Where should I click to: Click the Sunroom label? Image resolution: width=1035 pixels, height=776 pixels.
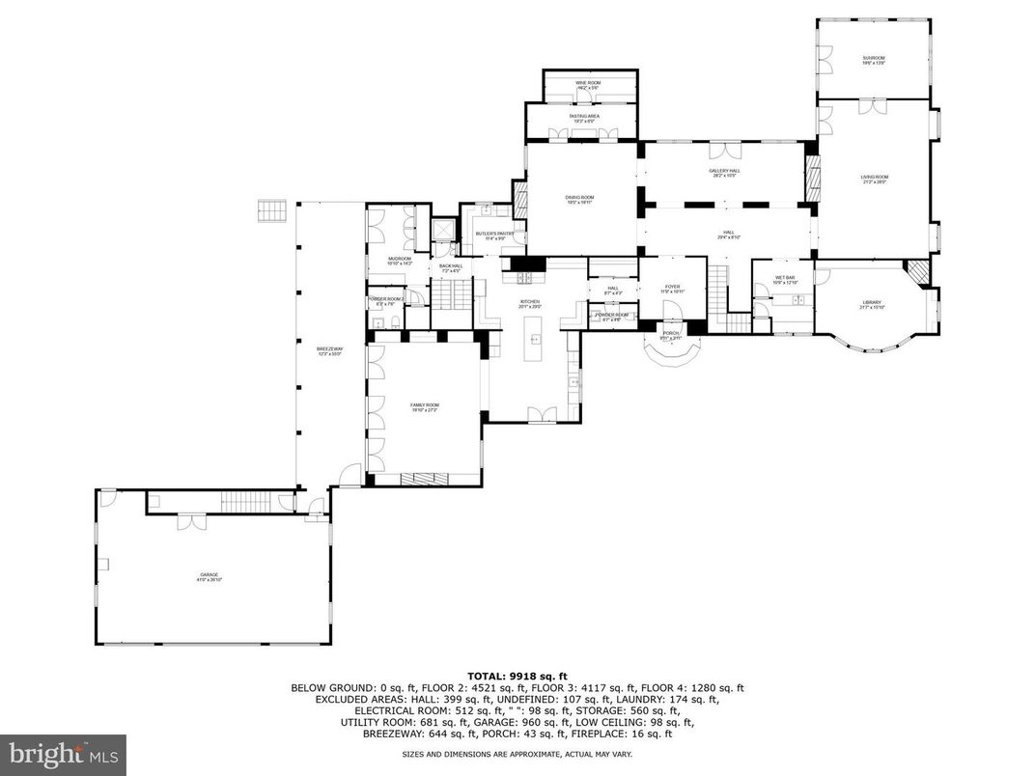[x=874, y=60]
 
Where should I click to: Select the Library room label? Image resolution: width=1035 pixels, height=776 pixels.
[x=872, y=305]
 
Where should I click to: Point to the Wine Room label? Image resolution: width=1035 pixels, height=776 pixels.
[x=589, y=85]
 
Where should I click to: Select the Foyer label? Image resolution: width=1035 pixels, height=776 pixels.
[x=672, y=288]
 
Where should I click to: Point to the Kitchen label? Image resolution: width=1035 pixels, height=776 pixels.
[x=531, y=304]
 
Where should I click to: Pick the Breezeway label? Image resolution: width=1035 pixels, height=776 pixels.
[x=328, y=351]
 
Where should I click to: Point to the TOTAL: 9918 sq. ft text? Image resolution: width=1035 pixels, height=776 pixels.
[x=517, y=677]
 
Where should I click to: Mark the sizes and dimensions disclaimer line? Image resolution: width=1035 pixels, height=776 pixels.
[x=517, y=753]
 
